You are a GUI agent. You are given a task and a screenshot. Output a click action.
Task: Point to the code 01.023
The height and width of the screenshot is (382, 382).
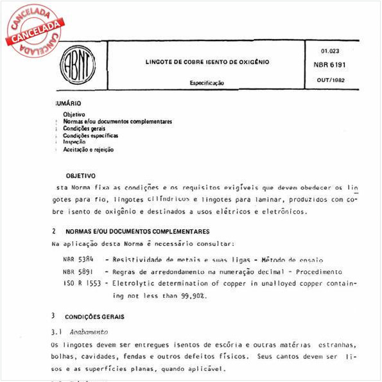point(329,51)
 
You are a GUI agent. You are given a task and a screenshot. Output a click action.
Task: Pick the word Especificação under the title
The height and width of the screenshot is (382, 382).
point(206,83)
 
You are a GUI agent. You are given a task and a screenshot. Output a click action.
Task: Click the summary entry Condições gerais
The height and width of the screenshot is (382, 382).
point(84,128)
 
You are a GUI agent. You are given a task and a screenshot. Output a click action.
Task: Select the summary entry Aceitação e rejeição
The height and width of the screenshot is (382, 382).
point(88,150)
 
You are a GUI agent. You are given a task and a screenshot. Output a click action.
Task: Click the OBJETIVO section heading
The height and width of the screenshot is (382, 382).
point(80,175)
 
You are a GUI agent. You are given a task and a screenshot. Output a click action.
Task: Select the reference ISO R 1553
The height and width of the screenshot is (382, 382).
point(78,283)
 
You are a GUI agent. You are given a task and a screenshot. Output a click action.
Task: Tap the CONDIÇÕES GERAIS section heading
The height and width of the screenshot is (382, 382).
point(94,317)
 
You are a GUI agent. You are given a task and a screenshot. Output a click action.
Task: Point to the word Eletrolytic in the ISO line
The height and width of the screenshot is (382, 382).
point(137,283)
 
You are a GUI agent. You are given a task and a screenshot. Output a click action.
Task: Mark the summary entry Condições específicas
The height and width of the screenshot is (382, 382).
point(90,135)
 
